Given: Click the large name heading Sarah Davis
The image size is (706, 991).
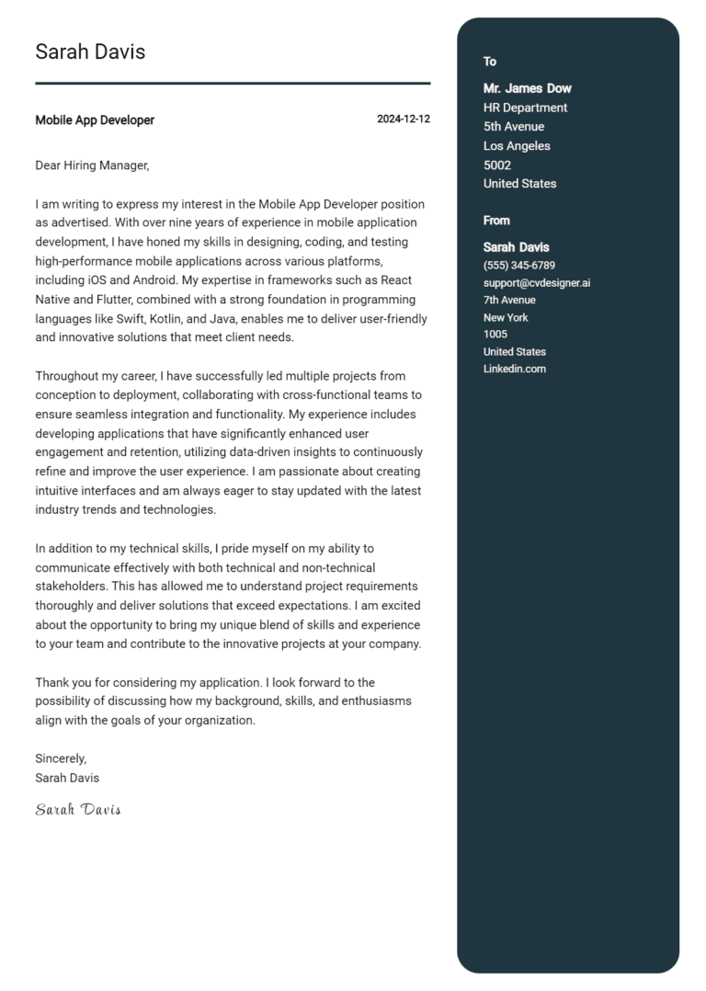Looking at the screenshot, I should (x=90, y=52).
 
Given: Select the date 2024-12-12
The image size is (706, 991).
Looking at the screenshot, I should (x=403, y=120).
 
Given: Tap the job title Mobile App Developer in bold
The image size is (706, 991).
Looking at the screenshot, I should (x=95, y=120).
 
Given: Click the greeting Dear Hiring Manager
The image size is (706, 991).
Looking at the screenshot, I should (x=91, y=165).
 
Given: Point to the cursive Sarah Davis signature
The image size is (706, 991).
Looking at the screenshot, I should (x=78, y=810).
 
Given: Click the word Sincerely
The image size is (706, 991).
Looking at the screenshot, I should (x=61, y=758).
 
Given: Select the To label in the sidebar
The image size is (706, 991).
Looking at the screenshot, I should (x=490, y=62).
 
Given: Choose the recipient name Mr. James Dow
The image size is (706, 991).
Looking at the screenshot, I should (x=527, y=88).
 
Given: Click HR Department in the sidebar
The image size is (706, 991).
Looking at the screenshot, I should (x=525, y=108).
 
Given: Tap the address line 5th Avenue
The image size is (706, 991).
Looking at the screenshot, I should (x=513, y=127).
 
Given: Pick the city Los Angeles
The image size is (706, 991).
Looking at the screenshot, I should (x=517, y=146).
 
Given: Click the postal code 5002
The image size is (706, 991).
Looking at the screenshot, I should (x=496, y=165).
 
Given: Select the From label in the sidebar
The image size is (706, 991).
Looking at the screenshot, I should (x=496, y=221).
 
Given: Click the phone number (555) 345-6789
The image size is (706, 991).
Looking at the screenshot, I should (x=518, y=266).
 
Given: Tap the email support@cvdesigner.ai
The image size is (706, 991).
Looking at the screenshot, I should (x=536, y=283).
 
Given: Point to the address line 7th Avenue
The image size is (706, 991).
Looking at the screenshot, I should (x=509, y=301).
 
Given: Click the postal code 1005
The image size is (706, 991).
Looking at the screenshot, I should (x=495, y=335).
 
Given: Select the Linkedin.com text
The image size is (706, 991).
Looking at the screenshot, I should (x=514, y=369).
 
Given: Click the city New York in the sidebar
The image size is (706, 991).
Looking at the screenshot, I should (x=506, y=318).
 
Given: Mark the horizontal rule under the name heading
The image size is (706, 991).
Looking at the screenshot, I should (x=233, y=84).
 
